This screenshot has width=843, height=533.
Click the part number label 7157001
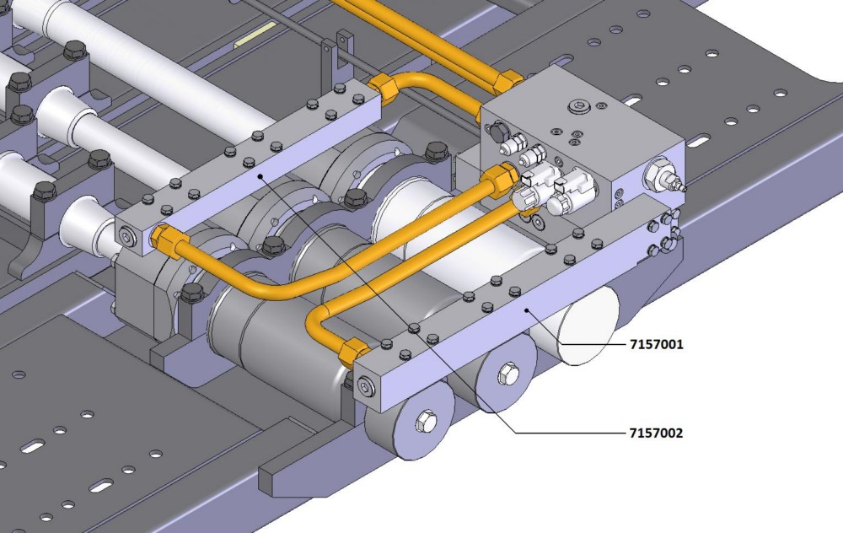(x=656, y=344)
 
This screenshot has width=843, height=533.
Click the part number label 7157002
(x=656, y=433)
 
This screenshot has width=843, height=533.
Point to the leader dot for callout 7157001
(x=529, y=310)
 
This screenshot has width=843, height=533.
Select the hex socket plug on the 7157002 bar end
(x=127, y=241)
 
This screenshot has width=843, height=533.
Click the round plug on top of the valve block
(x=577, y=105)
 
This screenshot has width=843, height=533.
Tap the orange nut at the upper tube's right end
(x=508, y=80)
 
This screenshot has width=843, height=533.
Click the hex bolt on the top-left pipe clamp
(x=74, y=50)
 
